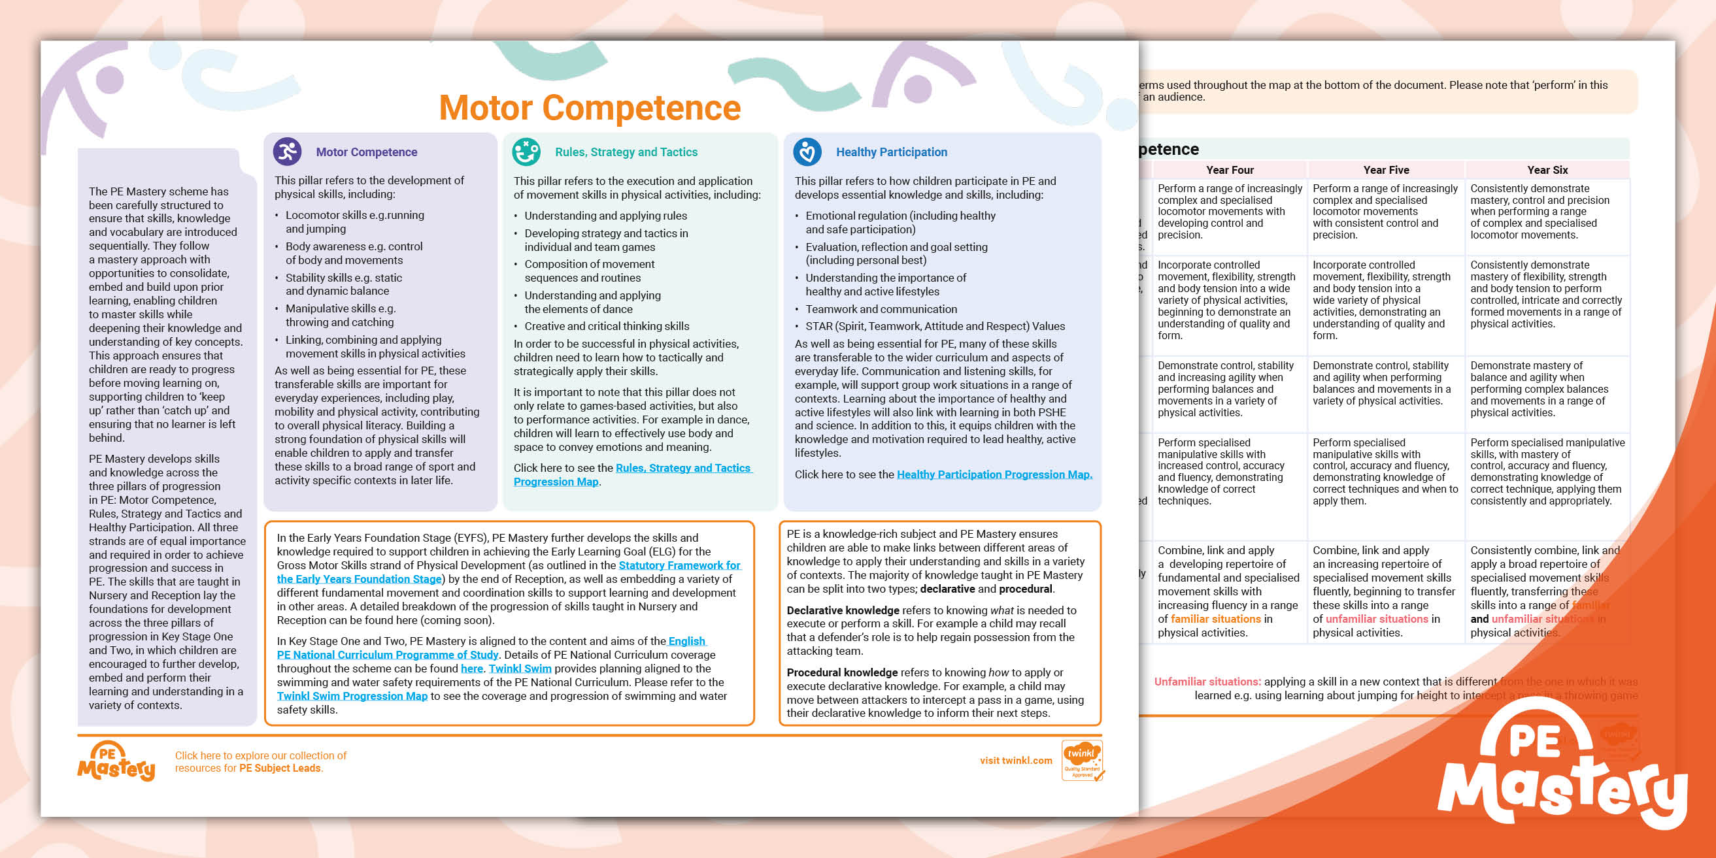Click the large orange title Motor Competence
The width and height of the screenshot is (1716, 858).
point(590,108)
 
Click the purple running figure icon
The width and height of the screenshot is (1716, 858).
point(287,152)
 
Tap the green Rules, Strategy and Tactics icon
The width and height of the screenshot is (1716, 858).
point(526,152)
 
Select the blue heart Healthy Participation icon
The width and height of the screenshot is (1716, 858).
point(807,152)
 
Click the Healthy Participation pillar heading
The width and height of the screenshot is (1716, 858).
point(891,152)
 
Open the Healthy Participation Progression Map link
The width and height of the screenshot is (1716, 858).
point(994,474)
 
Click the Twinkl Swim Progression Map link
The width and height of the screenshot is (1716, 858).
point(352,696)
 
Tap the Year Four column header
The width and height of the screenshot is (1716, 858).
point(1230,170)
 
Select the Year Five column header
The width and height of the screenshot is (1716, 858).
point(1386,170)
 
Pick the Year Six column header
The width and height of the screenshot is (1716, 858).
point(1547,170)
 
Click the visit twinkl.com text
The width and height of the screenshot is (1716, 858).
point(1016,761)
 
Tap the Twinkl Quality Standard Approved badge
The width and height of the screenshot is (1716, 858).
point(1082,760)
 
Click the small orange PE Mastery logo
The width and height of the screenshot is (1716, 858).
point(116,761)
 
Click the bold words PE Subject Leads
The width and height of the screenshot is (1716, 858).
point(280,768)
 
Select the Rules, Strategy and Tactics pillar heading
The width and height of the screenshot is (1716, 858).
point(626,152)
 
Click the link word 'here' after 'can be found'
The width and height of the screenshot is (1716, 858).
point(471,668)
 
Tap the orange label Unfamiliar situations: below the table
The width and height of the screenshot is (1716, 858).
point(1207,682)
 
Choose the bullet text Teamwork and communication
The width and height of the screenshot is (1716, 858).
point(881,309)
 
